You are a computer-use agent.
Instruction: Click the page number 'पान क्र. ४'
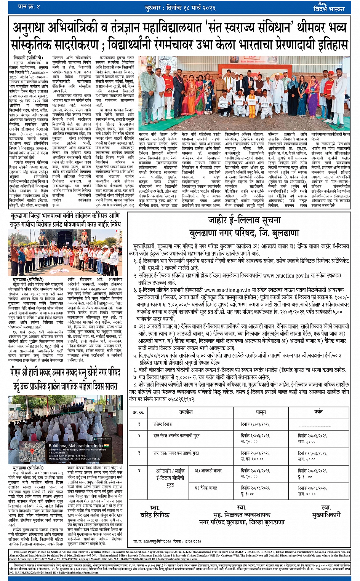pyautogui.click(x=29, y=7)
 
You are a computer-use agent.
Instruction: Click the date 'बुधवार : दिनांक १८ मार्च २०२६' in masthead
pyautogui.click(x=180, y=8)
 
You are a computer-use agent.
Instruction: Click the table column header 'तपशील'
pyautogui.click(x=186, y=412)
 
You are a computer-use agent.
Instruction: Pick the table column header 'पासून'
pyautogui.click(x=261, y=412)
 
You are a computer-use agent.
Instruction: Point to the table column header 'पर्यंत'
pyautogui.click(x=318, y=412)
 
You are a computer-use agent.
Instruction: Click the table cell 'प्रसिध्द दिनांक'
pyautogui.click(x=163, y=424)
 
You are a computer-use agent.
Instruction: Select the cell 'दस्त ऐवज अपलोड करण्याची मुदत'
pyautogui.click(x=176, y=435)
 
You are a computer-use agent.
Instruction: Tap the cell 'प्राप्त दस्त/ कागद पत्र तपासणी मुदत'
pyautogui.click(x=176, y=453)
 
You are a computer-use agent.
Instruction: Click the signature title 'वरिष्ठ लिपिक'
pyautogui.click(x=155, y=515)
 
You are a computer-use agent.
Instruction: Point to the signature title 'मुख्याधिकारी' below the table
pyautogui.click(x=326, y=515)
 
